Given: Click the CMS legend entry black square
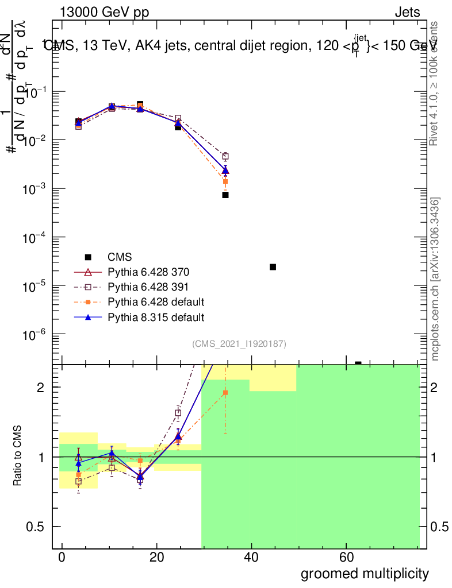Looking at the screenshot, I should [x=88, y=257].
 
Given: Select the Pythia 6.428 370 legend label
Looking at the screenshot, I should [x=148, y=272].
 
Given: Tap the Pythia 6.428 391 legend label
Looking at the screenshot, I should [x=148, y=287].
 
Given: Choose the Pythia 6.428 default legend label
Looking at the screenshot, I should [x=156, y=301].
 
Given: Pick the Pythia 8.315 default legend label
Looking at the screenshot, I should [x=156, y=316].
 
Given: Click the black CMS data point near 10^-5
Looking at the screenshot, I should [x=273, y=267].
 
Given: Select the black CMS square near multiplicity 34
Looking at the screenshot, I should [x=225, y=195].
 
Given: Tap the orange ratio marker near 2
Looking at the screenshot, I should [x=225, y=393].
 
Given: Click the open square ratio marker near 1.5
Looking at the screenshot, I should [x=178, y=413].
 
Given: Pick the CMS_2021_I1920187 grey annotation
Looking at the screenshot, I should [x=239, y=344].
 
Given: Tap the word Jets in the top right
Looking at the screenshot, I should [x=407, y=13].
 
